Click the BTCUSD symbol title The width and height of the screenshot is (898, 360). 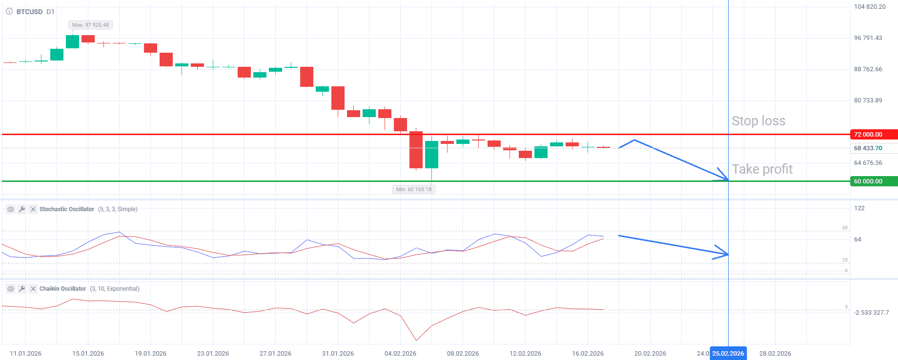(29, 12)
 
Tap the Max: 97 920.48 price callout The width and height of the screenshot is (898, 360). (90, 25)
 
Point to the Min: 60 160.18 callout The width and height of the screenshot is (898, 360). (413, 189)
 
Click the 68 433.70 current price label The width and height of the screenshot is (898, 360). (868, 148)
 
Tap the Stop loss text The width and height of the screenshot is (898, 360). (758, 121)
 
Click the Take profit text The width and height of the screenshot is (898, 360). (762, 169)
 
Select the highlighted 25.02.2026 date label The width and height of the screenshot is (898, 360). (728, 354)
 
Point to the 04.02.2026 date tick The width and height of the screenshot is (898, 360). (400, 354)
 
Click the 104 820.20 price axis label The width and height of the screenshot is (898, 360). (870, 7)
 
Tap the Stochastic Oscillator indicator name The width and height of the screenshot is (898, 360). (67, 209)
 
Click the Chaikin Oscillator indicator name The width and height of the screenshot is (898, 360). (62, 289)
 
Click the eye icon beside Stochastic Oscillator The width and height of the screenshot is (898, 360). (10, 209)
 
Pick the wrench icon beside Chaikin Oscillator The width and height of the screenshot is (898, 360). (22, 289)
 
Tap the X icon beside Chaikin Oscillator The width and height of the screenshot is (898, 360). (33, 289)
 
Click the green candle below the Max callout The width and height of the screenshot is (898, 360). (72, 41)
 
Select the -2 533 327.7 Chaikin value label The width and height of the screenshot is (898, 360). (871, 313)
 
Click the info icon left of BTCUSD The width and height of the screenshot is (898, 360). (9, 12)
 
